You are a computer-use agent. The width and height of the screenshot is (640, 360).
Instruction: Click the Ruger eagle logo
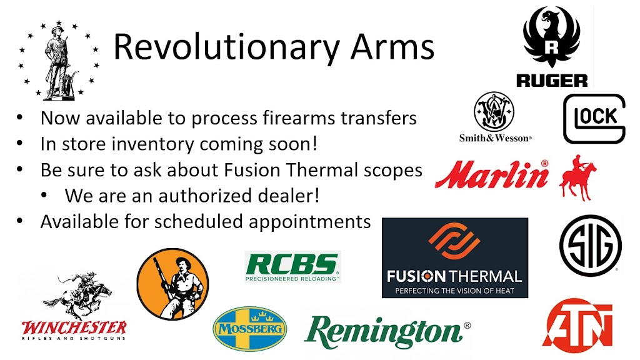[x=551, y=39]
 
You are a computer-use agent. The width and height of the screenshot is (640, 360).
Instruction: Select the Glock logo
[x=594, y=118]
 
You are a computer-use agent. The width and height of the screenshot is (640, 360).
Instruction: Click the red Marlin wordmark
[x=492, y=174]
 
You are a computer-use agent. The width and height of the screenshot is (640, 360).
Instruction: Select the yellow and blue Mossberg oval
[x=249, y=327]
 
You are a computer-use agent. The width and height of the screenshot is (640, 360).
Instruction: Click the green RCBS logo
[x=292, y=266]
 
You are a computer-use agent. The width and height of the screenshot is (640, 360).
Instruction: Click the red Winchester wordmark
[x=74, y=327]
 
